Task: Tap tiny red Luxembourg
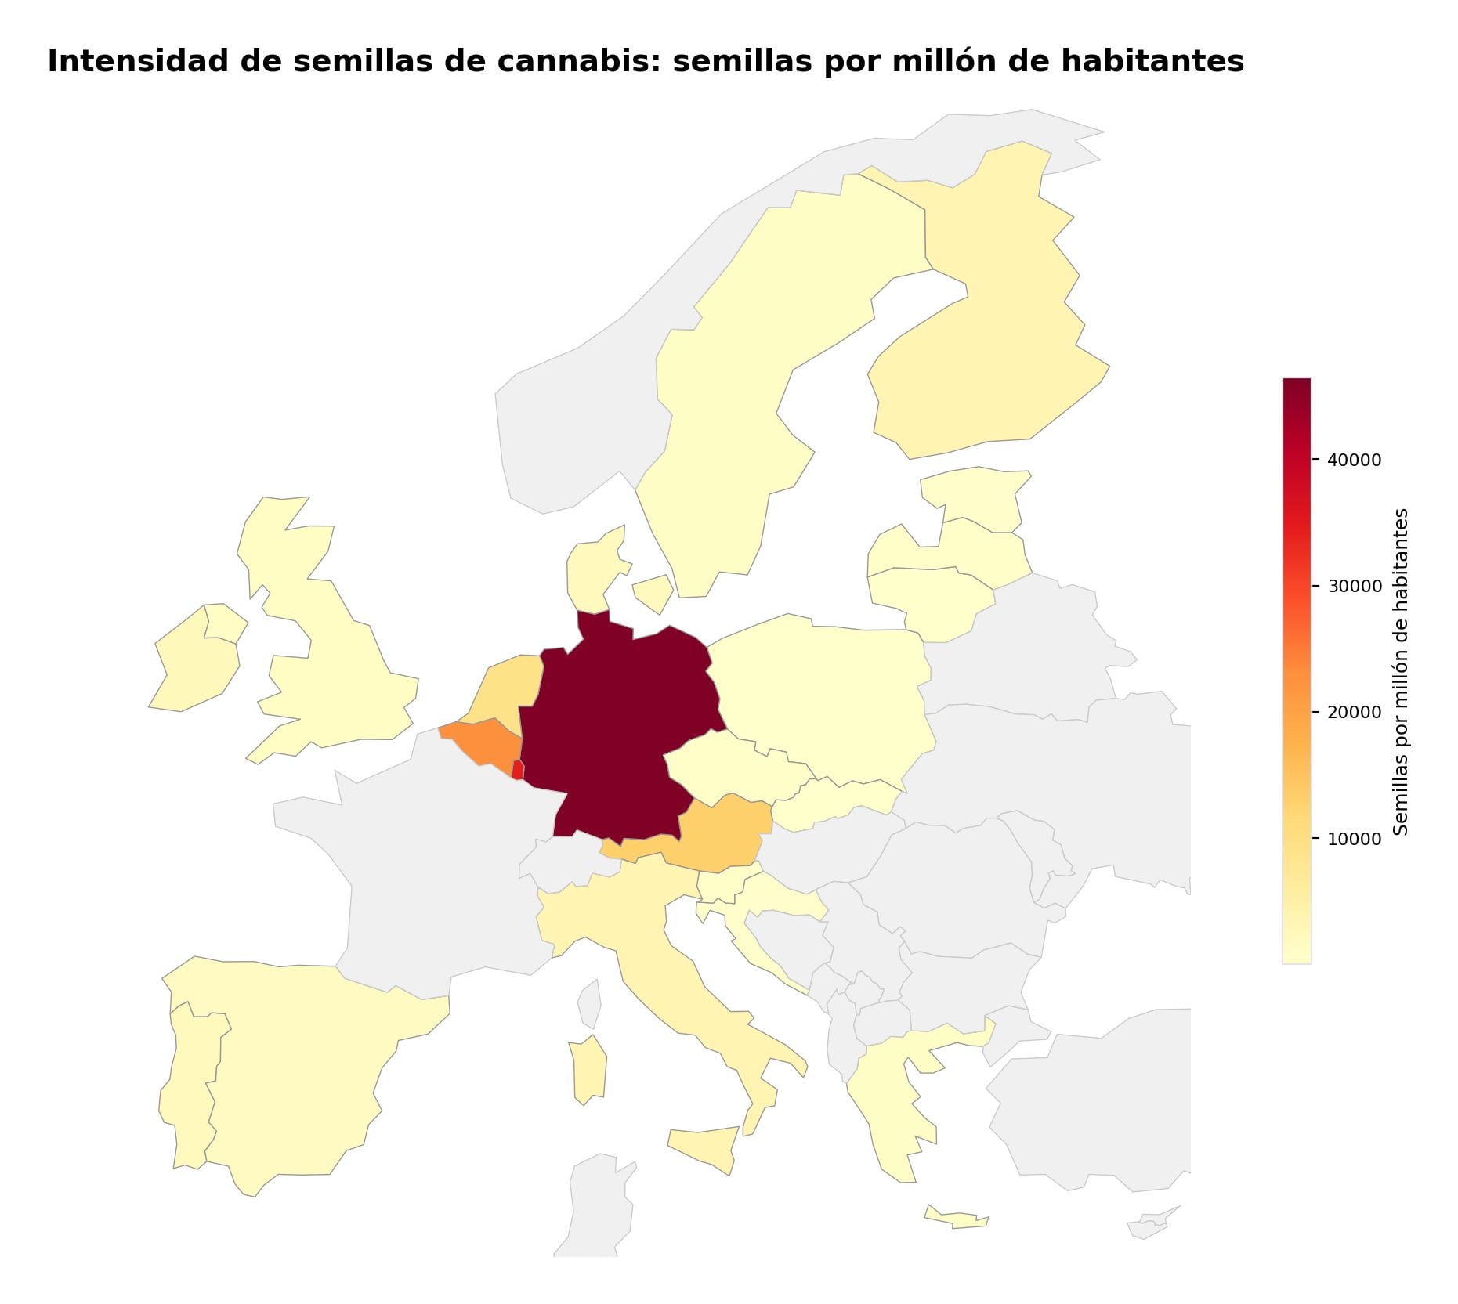coord(518,769)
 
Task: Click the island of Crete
coord(956,1219)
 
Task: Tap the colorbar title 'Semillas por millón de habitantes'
coord(1402,671)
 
